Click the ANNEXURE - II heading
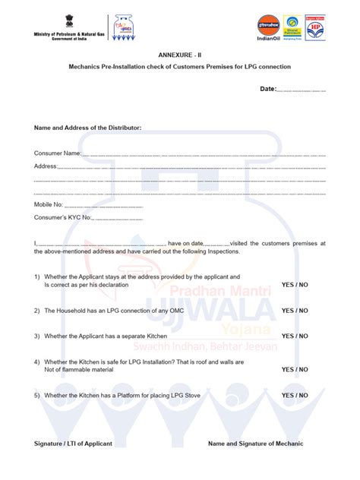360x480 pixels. coord(180,55)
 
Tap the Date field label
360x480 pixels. coord(268,89)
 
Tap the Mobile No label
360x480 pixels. coord(48,205)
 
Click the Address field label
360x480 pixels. coord(46,166)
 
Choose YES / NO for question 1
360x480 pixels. coord(295,284)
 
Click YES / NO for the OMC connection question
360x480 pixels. coord(295,310)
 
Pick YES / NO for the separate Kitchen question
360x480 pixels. coord(295,336)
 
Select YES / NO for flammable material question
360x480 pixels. coord(295,370)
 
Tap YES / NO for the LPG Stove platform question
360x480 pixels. coord(295,396)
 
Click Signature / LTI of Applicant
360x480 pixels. coord(73,444)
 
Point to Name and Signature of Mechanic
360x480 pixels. coord(255,444)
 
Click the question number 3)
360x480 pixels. coord(36,336)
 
